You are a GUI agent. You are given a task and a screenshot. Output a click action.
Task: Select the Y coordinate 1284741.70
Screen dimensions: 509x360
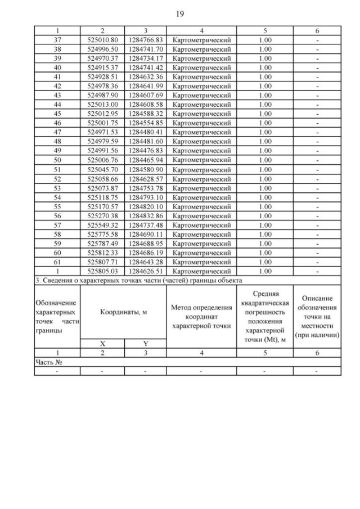[x=145, y=49]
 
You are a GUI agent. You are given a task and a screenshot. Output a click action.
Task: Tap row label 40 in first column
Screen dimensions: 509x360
[x=57, y=67]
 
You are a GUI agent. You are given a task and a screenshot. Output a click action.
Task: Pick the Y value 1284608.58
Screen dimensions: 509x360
[x=145, y=104]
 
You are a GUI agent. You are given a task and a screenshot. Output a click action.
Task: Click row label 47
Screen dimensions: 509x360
[x=57, y=131]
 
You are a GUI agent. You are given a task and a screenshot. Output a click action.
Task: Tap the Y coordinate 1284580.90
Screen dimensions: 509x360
[x=145, y=169]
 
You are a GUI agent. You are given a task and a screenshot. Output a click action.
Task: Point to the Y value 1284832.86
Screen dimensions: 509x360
[x=145, y=215]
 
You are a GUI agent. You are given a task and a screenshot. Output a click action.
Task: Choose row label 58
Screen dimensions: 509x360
[x=57, y=233]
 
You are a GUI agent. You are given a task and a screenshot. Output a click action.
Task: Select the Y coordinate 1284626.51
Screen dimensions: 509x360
[x=145, y=271]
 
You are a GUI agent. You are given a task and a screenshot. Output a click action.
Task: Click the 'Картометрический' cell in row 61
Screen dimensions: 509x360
[x=201, y=262]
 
